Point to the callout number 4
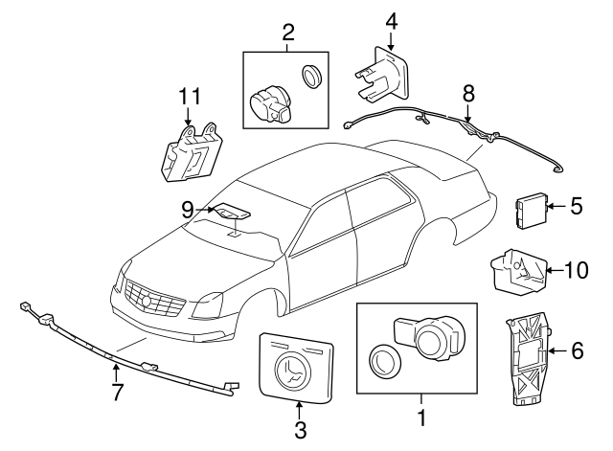coord(391,20)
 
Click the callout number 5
coord(577,204)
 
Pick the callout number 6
coord(577,351)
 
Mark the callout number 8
coord(467,94)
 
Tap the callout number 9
coord(190,208)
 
